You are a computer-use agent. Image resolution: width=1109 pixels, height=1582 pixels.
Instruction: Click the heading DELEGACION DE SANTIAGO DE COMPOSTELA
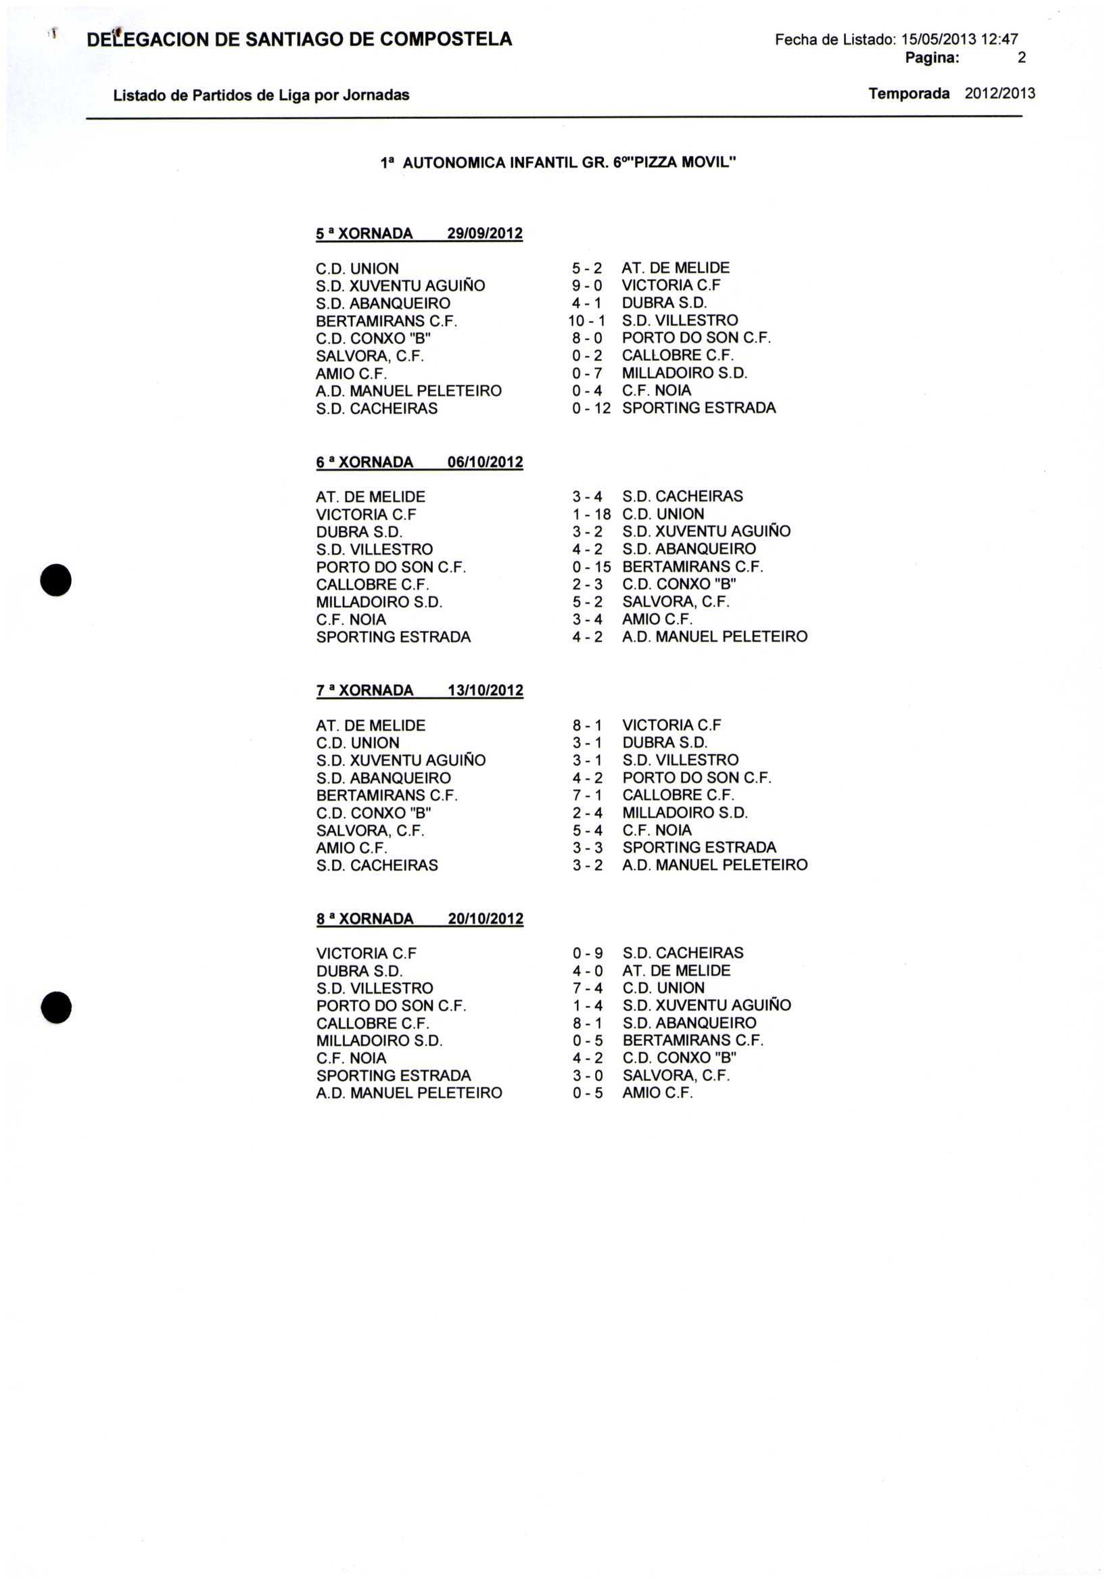(x=299, y=40)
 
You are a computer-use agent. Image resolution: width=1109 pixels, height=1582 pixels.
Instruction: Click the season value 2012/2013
(x=999, y=94)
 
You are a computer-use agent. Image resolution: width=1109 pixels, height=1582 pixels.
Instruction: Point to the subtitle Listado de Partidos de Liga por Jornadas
(x=261, y=95)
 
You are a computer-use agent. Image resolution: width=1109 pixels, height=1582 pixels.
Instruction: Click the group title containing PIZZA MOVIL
(x=559, y=164)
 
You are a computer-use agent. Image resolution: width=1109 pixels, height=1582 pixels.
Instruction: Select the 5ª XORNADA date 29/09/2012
(x=485, y=233)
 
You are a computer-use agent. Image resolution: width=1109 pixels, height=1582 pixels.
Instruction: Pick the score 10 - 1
(x=586, y=320)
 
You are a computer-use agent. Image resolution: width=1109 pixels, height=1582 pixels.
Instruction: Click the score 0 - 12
(x=591, y=408)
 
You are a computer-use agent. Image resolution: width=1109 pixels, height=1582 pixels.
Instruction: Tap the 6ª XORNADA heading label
(x=364, y=462)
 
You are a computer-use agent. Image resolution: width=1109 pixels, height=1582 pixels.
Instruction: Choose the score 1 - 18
(x=591, y=514)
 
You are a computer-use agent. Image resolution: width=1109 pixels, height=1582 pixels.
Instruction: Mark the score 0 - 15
(x=591, y=567)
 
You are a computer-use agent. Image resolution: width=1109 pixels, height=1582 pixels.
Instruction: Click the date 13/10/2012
(x=486, y=690)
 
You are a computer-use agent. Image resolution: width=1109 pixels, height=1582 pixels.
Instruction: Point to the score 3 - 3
(x=587, y=848)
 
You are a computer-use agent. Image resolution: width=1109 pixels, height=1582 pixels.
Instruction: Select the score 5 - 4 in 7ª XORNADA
(x=587, y=830)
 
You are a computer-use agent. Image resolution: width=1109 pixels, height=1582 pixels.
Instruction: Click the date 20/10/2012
(x=486, y=919)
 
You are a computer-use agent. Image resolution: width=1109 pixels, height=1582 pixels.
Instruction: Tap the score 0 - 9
(x=587, y=953)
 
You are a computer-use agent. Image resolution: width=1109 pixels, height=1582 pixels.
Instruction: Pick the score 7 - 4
(x=587, y=988)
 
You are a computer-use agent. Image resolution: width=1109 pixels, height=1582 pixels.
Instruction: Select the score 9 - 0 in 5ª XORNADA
(x=587, y=285)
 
